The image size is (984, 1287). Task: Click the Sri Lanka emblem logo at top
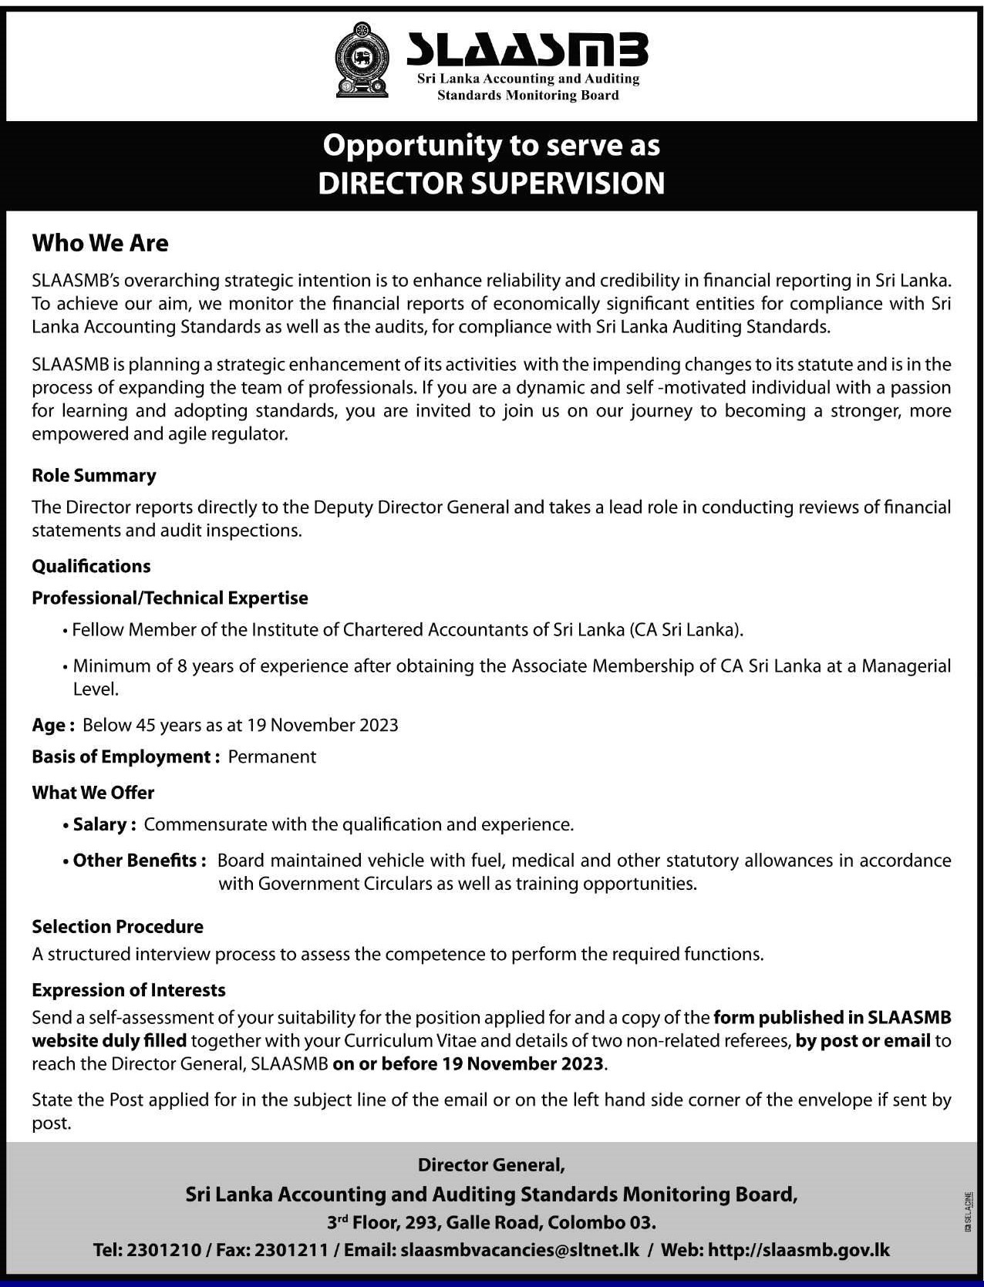pyautogui.click(x=362, y=61)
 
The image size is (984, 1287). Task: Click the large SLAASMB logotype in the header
pyautogui.click(x=527, y=50)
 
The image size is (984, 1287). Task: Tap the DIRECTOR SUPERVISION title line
pyautogui.click(x=491, y=184)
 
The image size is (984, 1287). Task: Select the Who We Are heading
pyautogui.click(x=100, y=244)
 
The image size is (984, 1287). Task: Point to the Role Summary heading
pyautogui.click(x=94, y=476)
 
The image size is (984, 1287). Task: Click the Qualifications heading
pyautogui.click(x=91, y=566)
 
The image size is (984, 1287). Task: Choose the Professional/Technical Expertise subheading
pyautogui.click(x=170, y=598)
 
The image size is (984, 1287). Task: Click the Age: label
pyautogui.click(x=53, y=725)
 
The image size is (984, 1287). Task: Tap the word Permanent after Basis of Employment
pyautogui.click(x=271, y=756)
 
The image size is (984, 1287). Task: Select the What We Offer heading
pyautogui.click(x=93, y=793)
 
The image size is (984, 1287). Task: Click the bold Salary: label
pyautogui.click(x=105, y=824)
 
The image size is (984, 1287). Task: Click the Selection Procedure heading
pyautogui.click(x=118, y=926)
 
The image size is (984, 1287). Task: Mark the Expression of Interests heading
pyautogui.click(x=129, y=989)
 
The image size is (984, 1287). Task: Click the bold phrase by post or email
pyautogui.click(x=863, y=1041)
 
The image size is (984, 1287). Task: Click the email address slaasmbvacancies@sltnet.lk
pyautogui.click(x=521, y=1250)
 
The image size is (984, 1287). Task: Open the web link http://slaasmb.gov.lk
pyautogui.click(x=799, y=1250)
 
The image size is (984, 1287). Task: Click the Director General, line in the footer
pyautogui.click(x=491, y=1164)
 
